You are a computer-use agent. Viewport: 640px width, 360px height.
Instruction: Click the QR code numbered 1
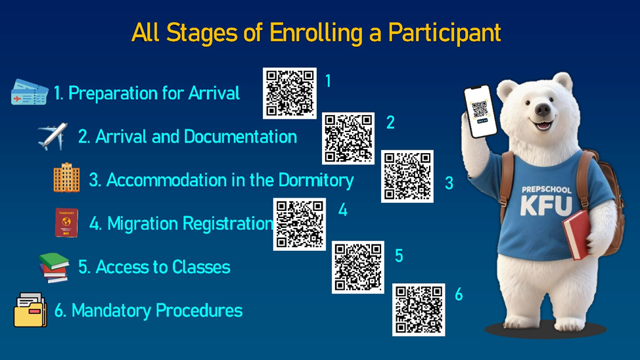pos(289,93)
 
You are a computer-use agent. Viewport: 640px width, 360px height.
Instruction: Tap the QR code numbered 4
pos(300,224)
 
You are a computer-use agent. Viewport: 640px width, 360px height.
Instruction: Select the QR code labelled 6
pos(419,310)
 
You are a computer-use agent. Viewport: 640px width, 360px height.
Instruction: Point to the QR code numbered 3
pos(407,176)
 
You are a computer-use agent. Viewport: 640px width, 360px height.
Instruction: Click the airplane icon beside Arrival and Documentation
pos(53,137)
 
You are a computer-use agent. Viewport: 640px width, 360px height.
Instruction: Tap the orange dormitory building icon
pos(66,177)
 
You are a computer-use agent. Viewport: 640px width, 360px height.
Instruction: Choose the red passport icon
pos(66,223)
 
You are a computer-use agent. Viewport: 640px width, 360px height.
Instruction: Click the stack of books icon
pos(54,268)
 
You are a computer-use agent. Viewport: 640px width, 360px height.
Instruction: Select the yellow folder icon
pos(30,310)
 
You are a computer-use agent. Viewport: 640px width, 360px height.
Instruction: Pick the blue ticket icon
pos(30,93)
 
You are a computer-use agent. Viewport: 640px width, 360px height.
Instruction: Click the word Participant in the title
pos(444,33)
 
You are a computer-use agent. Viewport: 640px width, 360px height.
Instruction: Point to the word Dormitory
pos(316,181)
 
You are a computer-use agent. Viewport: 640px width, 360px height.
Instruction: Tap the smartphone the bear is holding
pos(480,111)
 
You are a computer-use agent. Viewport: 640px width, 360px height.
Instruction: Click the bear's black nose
pos(543,109)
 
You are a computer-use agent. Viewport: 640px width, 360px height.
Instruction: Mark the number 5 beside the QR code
pos(399,256)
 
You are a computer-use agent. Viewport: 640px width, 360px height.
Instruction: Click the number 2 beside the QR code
pos(390,122)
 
